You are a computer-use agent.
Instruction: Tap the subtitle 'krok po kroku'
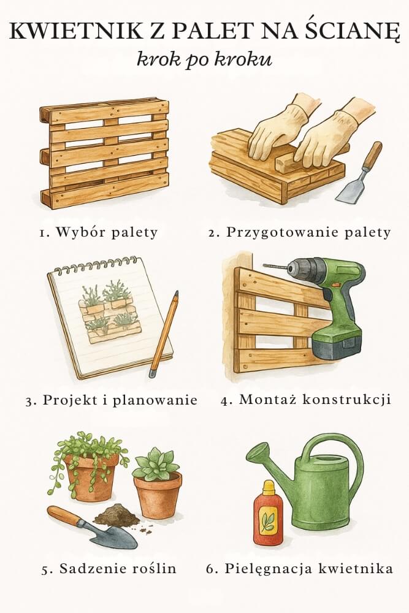tap(204, 61)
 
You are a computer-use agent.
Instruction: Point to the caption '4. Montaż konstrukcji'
tap(305, 400)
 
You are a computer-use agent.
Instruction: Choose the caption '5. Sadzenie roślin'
tap(109, 568)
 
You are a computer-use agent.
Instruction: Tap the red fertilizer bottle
tap(268, 515)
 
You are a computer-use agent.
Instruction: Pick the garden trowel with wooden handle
tap(92, 527)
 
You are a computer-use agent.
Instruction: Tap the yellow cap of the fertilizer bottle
tap(268, 488)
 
